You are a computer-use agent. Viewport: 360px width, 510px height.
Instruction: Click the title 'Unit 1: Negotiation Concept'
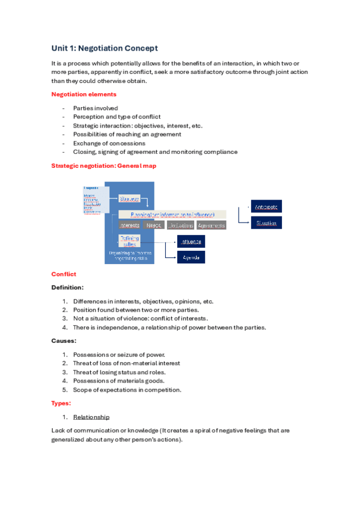[105, 48]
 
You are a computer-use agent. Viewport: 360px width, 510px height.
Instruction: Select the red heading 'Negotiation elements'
[84, 94]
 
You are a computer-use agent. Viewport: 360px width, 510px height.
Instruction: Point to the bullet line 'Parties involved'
[95, 108]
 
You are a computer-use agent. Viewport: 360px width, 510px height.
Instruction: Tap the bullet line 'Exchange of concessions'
[109, 143]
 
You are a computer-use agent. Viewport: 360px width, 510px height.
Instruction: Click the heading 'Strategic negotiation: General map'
[105, 165]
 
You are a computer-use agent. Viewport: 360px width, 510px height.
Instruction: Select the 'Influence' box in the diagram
[190, 241]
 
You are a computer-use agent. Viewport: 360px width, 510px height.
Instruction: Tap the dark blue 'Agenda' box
[190, 257]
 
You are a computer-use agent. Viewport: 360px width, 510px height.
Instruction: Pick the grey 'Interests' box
[129, 226]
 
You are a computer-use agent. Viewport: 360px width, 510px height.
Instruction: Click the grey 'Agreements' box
[211, 226]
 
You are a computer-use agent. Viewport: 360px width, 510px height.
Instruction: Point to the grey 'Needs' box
[154, 226]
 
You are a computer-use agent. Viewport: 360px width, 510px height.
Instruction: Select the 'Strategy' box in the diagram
[129, 198]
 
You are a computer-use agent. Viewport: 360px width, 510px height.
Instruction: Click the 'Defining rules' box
[130, 241]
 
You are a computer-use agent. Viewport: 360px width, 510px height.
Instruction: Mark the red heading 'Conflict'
[64, 274]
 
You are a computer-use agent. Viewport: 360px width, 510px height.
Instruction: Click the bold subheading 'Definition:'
[67, 287]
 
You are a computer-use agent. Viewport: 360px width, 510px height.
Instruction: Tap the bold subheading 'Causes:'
[64, 341]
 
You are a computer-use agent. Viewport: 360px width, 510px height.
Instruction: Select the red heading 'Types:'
[61, 403]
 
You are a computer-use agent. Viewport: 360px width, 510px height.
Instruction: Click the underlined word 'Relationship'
[91, 417]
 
